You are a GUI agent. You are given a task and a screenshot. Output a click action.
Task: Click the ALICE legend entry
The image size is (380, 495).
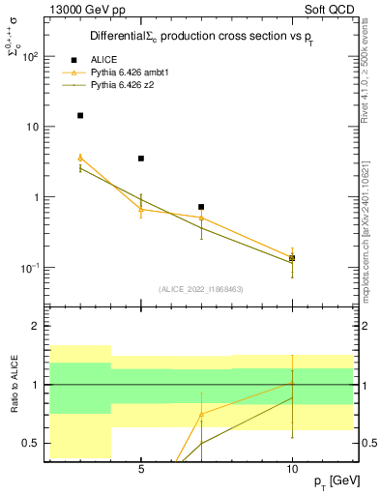click(102, 59)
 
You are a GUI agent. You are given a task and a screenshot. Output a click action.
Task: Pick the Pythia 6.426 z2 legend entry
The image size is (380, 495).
click(126, 85)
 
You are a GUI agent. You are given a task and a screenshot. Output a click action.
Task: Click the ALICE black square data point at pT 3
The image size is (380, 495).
click(80, 115)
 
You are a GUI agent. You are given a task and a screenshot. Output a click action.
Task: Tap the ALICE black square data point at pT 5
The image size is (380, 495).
click(141, 159)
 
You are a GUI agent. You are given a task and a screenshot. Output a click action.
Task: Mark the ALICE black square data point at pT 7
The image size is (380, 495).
click(201, 207)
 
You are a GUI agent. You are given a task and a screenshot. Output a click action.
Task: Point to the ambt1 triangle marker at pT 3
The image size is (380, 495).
click(80, 158)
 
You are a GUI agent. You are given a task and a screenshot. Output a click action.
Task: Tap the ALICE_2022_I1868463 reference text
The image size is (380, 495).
click(199, 288)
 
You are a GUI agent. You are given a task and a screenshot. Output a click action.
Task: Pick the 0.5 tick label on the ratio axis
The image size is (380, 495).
click(31, 444)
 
